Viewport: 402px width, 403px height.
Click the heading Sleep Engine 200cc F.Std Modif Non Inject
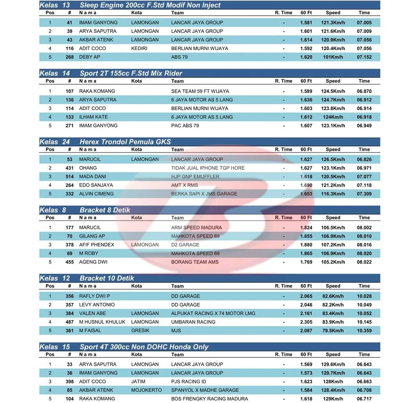click(x=150, y=5)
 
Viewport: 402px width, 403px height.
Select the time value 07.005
click(x=364, y=22)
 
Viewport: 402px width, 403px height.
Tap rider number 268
click(x=69, y=57)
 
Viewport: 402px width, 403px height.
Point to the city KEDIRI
click(x=139, y=48)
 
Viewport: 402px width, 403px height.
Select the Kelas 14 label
click(x=54, y=73)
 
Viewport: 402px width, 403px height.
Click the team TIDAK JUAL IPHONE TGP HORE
click(x=208, y=168)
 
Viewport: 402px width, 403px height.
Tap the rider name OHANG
click(x=88, y=168)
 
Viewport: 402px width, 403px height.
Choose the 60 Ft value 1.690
click(x=306, y=185)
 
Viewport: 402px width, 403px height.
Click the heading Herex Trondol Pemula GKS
click(x=125, y=142)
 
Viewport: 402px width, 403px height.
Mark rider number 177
click(x=69, y=228)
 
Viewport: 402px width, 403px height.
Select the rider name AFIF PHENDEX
click(x=96, y=245)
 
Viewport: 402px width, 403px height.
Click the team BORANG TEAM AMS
click(x=195, y=262)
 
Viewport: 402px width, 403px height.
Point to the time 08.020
click(x=364, y=254)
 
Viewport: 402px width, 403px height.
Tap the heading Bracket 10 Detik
click(x=107, y=278)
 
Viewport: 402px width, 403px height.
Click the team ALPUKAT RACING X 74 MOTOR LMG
click(x=213, y=314)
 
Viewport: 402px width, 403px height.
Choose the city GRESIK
click(x=140, y=331)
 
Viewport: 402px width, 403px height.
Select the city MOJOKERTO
click(x=147, y=390)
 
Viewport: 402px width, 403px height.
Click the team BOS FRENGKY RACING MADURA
click(x=209, y=399)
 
